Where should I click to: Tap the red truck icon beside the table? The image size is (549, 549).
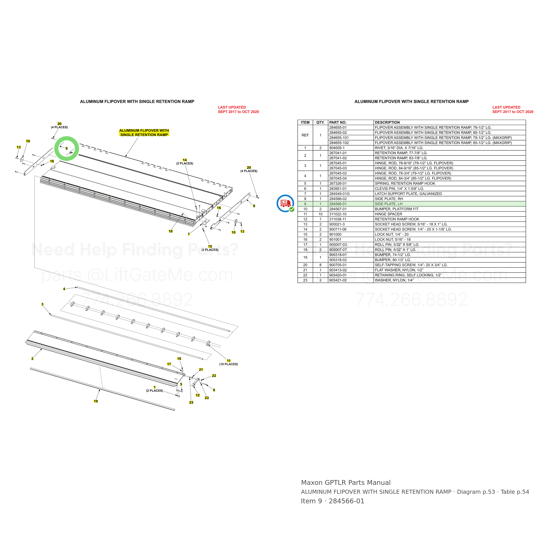tap(285, 203)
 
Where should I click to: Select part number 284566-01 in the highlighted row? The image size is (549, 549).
tap(338, 204)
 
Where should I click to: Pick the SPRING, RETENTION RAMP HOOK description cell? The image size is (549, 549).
tap(405, 184)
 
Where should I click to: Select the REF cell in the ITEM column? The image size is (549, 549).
tap(305, 135)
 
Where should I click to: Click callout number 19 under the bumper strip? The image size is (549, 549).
tap(96, 401)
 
